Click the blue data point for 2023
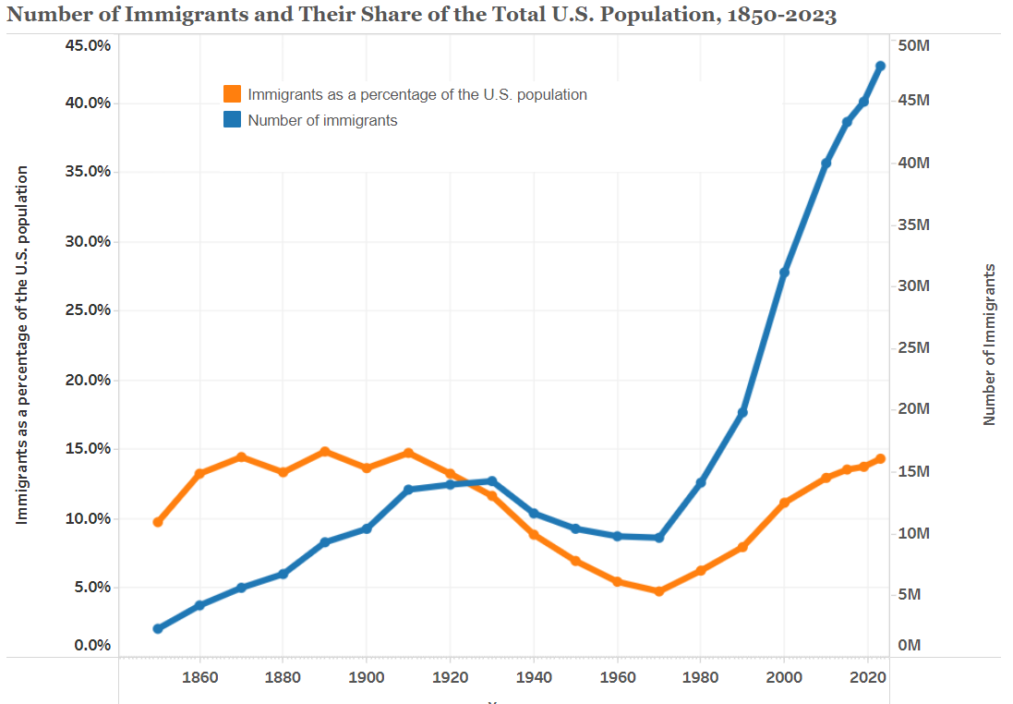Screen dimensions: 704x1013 pyautogui.click(x=880, y=67)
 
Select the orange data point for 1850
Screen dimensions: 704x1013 pyautogui.click(x=158, y=522)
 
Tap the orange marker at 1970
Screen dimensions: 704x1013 pyautogui.click(x=659, y=591)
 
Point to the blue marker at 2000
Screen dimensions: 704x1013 pyautogui.click(x=785, y=273)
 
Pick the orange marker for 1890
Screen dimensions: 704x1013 pyautogui.click(x=325, y=452)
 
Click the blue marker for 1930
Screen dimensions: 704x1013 pyautogui.click(x=492, y=480)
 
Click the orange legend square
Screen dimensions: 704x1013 pyautogui.click(x=233, y=94)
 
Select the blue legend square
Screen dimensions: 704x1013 pyautogui.click(x=233, y=119)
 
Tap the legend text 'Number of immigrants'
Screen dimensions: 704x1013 pyautogui.click(x=322, y=120)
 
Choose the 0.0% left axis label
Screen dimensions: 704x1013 pyautogui.click(x=92, y=644)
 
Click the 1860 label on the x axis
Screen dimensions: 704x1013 pyautogui.click(x=200, y=677)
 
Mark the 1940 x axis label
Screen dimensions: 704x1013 pyautogui.click(x=535, y=677)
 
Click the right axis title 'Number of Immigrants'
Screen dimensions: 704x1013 pyautogui.click(x=990, y=344)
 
